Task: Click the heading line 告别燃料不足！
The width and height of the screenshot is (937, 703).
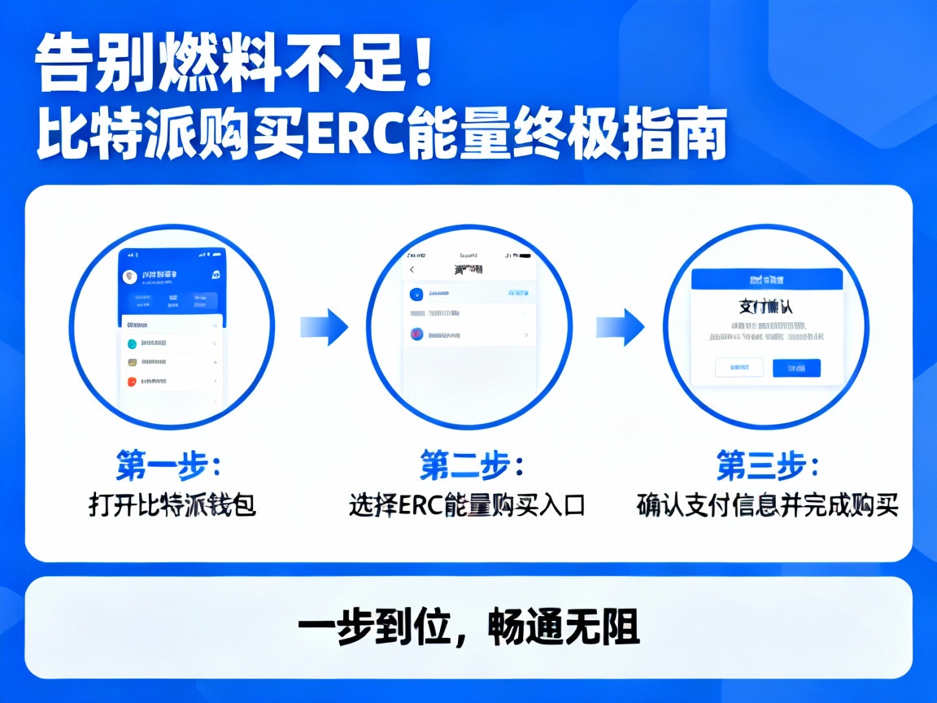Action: [x=236, y=64]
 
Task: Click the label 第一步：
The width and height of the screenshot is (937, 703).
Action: [x=168, y=466]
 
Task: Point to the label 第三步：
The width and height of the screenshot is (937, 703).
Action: [x=768, y=466]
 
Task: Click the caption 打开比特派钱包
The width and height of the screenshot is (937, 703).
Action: [x=172, y=505]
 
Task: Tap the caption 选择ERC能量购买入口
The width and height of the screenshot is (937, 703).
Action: [x=467, y=505]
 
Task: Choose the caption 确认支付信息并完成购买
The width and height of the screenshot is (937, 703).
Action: [x=767, y=505]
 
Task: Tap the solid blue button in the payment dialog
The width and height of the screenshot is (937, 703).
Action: [x=796, y=369]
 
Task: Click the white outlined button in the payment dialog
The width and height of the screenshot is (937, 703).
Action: [x=739, y=368]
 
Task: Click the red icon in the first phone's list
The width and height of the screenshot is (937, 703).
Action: [x=133, y=381]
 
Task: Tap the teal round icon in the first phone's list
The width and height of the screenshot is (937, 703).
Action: [x=133, y=343]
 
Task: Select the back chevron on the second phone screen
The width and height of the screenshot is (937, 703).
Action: [x=412, y=269]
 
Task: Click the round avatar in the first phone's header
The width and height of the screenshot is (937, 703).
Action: [x=129, y=277]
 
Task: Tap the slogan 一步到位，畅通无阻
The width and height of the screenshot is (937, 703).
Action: [x=468, y=627]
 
